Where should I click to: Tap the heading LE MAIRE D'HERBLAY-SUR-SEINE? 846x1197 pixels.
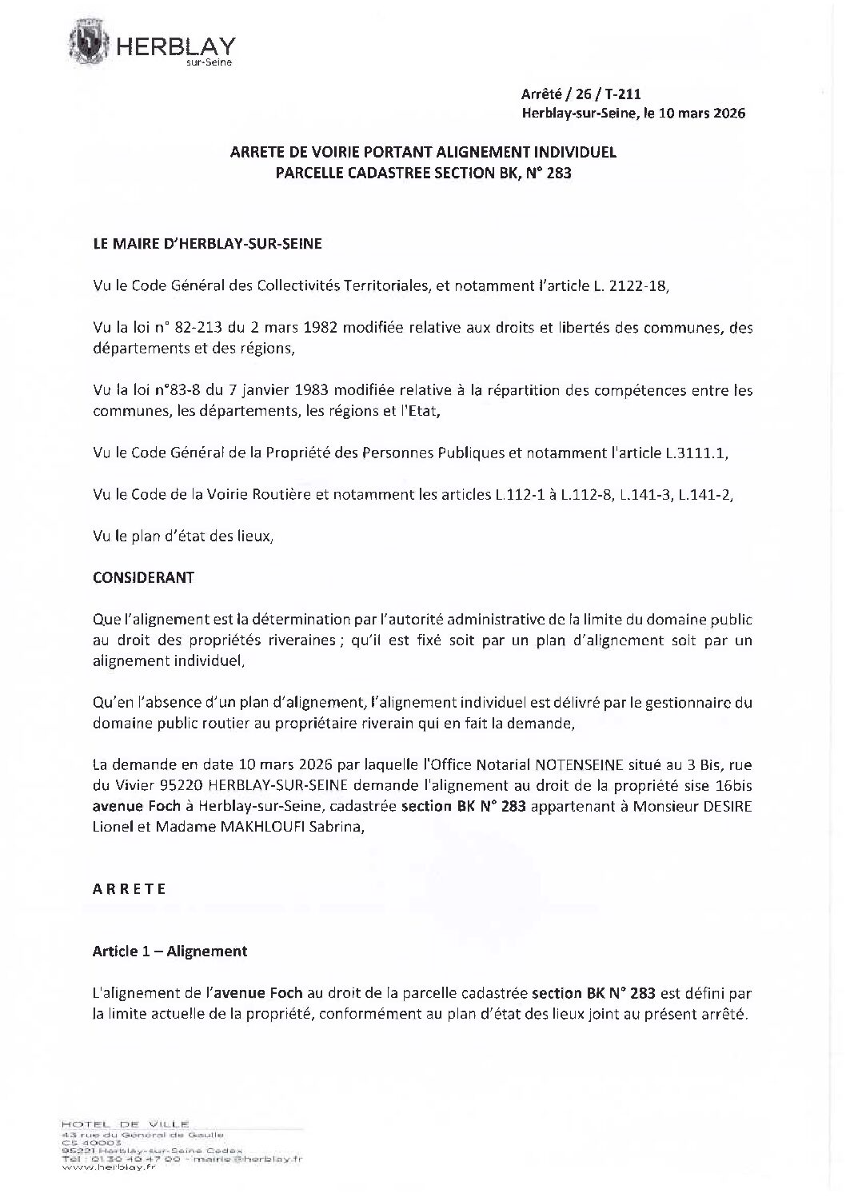click(x=207, y=244)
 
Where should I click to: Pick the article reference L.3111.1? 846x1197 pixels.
click(x=696, y=453)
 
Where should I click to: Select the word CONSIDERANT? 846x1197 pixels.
click(x=143, y=577)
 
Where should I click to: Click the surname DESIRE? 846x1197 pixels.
click(x=725, y=808)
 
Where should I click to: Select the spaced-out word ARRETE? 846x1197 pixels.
click(x=130, y=888)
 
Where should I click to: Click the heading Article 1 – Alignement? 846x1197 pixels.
click(x=170, y=951)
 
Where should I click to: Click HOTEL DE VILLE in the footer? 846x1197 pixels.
click(x=125, y=1124)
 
